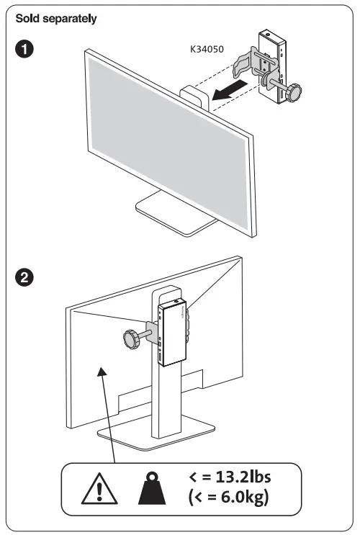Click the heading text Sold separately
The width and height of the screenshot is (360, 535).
click(x=56, y=18)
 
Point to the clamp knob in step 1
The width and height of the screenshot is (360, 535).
click(x=294, y=94)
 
